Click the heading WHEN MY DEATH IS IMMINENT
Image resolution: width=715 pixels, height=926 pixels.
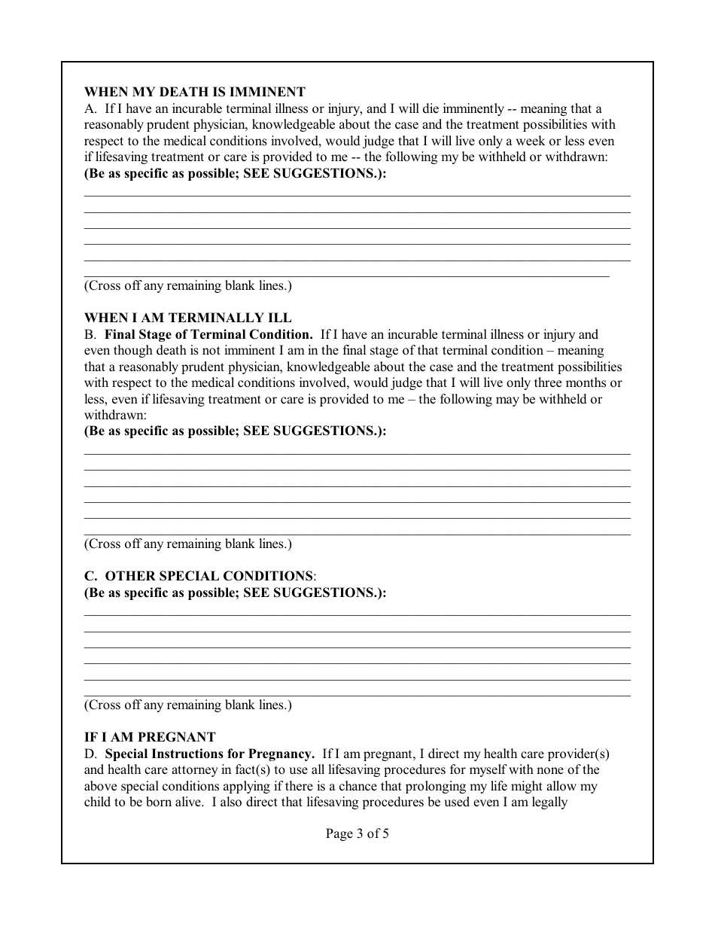click(194, 93)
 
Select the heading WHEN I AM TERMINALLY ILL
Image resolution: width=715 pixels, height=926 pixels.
click(187, 318)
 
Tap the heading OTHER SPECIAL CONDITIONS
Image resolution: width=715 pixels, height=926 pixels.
click(208, 576)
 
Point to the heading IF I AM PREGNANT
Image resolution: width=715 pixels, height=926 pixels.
click(150, 737)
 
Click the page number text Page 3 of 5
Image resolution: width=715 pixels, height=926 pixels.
click(357, 833)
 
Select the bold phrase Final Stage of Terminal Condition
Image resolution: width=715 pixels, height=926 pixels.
click(208, 334)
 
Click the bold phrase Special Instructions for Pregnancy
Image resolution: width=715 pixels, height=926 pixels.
click(210, 754)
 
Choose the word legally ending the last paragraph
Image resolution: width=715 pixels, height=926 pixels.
click(546, 803)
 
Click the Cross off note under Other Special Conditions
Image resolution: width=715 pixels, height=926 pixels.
click(187, 705)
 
